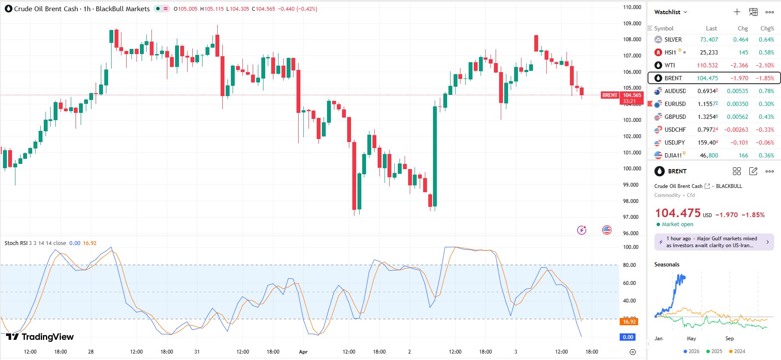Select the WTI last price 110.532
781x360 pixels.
(x=707, y=65)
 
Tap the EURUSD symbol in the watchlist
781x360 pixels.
(x=675, y=104)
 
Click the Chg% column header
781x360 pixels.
(x=767, y=28)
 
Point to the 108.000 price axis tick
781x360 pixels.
(x=632, y=39)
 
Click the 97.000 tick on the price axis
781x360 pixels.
(x=632, y=217)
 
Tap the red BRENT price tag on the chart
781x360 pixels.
(x=609, y=95)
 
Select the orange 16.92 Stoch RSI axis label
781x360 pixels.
(x=629, y=321)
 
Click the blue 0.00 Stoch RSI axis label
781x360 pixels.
(x=628, y=337)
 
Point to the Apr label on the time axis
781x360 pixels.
(x=303, y=352)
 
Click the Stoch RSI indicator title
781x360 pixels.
(x=16, y=243)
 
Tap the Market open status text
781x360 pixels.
(x=677, y=224)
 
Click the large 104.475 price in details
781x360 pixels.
(x=678, y=213)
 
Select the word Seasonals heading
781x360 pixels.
(x=666, y=265)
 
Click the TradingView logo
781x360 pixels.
(x=40, y=337)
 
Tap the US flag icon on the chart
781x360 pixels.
(x=607, y=230)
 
